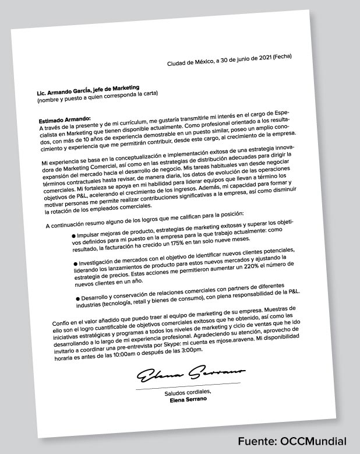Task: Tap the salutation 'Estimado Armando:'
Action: [61, 120]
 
